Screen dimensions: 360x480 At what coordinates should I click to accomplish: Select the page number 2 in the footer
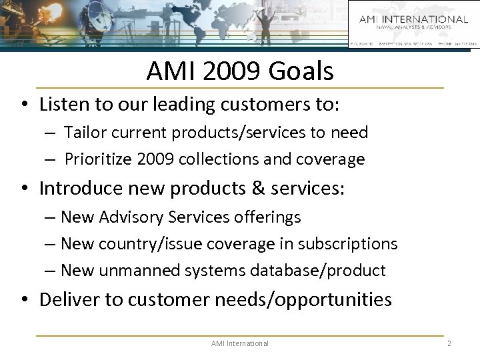tap(449, 343)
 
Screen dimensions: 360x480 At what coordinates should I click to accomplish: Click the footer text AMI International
tap(239, 343)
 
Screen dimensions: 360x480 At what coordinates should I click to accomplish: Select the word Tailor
tap(84, 133)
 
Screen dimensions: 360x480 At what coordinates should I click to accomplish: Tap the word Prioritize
tap(98, 159)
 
